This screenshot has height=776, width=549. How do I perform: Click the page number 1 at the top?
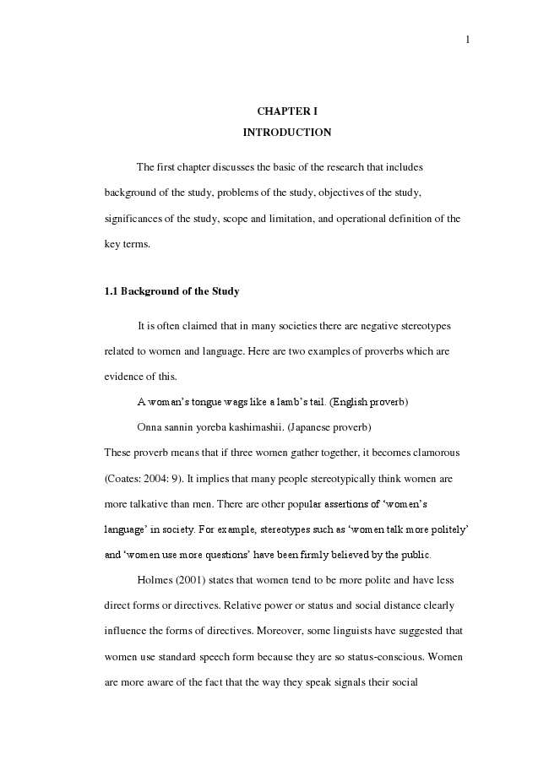[x=467, y=39]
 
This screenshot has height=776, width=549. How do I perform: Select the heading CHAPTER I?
[x=286, y=111]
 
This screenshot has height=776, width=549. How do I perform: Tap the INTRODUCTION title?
[x=286, y=133]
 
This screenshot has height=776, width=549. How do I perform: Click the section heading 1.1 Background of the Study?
[x=171, y=291]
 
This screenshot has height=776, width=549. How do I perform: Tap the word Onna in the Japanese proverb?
[x=149, y=426]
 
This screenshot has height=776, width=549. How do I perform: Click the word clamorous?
[x=432, y=453]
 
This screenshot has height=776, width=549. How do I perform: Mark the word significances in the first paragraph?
[x=134, y=218]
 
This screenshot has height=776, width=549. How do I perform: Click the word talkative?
[x=155, y=504]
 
